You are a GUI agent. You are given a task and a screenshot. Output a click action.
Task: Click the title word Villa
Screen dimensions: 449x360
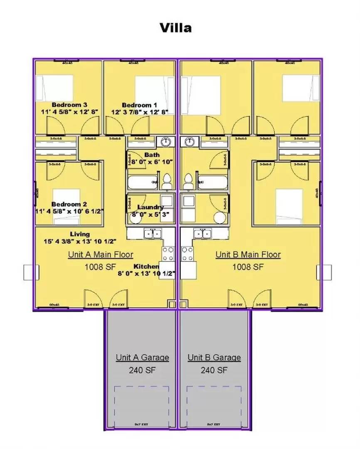176,28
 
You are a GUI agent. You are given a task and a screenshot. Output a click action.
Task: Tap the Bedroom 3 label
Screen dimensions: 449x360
69,105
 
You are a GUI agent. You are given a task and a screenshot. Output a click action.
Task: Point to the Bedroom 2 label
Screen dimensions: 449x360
69,204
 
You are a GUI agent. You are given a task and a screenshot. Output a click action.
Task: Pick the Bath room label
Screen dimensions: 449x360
152,155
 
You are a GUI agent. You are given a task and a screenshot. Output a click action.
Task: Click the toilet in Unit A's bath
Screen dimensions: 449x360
167,181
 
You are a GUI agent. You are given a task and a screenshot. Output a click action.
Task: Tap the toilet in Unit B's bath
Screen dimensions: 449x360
188,181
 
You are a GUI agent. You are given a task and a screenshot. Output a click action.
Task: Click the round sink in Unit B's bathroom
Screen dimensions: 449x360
190,141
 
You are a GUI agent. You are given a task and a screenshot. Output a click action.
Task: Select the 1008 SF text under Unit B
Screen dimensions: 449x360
248,266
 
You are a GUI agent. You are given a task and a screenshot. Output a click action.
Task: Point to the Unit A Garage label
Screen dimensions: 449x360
142,358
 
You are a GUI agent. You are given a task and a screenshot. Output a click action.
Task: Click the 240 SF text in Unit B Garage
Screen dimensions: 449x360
214,370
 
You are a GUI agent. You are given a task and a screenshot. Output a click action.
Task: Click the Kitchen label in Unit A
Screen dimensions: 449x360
146,266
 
